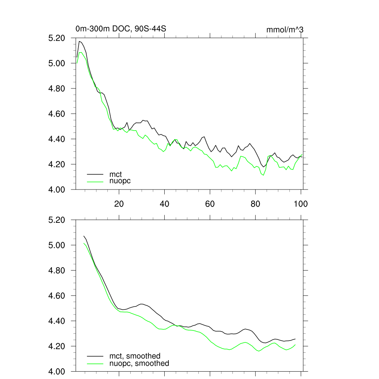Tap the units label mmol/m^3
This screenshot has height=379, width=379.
(x=285, y=30)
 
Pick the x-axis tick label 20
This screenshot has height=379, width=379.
(x=119, y=204)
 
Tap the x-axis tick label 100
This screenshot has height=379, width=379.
(x=301, y=204)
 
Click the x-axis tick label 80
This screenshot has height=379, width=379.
(x=255, y=204)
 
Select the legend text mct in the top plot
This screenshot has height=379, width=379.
(x=115, y=174)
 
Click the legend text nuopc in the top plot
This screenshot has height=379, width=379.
(x=120, y=181)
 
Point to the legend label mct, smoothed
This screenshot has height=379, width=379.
(x=135, y=356)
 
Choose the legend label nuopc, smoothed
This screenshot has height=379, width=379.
(x=139, y=363)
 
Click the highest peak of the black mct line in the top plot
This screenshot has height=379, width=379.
(x=79, y=41)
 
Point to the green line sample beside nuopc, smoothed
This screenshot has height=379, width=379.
(x=95, y=363)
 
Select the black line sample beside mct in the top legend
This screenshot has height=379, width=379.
(x=95, y=174)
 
